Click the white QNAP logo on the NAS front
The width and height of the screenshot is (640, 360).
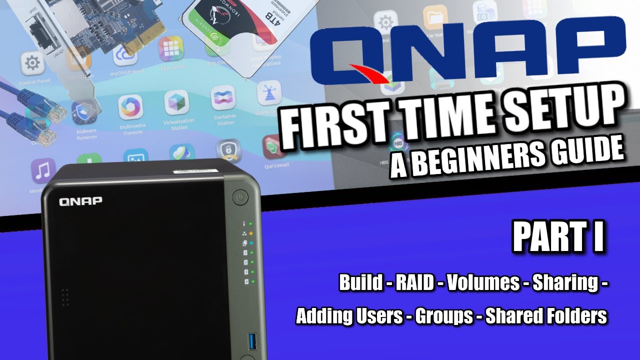(80, 201)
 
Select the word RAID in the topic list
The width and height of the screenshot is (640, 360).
(415, 283)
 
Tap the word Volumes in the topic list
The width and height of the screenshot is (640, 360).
(483, 283)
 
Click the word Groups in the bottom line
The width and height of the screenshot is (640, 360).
(444, 316)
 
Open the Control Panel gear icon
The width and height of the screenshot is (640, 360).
(32, 63)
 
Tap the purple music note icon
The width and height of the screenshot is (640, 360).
(43, 170)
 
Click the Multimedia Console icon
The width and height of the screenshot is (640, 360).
(130, 107)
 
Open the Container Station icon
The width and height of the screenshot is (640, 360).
(222, 98)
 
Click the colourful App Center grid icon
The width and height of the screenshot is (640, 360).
(171, 48)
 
